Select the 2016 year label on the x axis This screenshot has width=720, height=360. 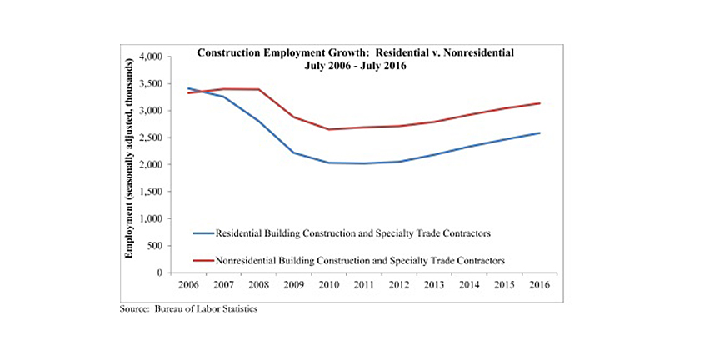pyautogui.click(x=541, y=284)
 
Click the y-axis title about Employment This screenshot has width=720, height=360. pyautogui.click(x=131, y=164)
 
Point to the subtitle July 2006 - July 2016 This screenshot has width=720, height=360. pyautogui.click(x=354, y=65)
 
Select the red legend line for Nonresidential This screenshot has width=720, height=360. pyautogui.click(x=201, y=261)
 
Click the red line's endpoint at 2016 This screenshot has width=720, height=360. pyautogui.click(x=541, y=103)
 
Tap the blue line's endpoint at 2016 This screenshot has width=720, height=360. pyautogui.click(x=541, y=132)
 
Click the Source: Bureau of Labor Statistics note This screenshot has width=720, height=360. pyautogui.click(x=190, y=307)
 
